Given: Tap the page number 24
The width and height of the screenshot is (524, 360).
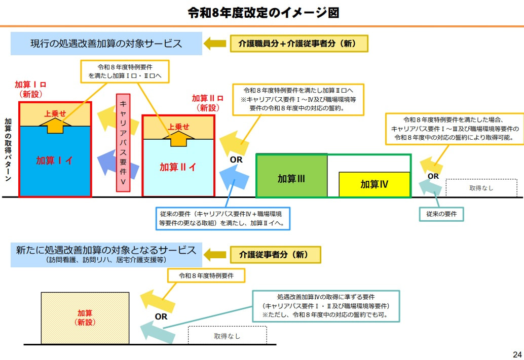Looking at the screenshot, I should [x=517, y=354].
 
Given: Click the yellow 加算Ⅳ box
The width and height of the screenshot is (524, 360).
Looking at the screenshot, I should [x=374, y=184].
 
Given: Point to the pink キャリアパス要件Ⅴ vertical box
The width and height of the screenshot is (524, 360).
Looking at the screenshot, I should [x=123, y=143].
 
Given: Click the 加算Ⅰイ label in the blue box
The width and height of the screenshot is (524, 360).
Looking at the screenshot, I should [x=55, y=161].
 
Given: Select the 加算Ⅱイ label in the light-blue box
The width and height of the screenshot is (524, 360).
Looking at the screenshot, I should [x=178, y=167].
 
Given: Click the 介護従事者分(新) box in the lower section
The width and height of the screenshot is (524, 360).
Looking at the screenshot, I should [x=277, y=255].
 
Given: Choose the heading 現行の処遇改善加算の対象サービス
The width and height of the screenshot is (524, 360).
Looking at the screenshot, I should [x=106, y=44].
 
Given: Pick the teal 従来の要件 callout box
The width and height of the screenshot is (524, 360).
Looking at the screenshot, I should [x=441, y=214].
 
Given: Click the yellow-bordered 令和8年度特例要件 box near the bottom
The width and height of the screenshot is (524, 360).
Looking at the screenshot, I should [x=206, y=276].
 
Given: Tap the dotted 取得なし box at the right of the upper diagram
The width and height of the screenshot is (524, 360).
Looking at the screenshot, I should [x=481, y=188].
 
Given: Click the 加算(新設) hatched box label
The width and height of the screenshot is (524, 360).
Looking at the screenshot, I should [x=85, y=317].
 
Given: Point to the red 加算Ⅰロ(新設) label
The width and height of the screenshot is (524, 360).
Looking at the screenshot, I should [x=31, y=89].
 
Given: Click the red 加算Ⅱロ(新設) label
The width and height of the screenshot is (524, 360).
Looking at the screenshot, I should [x=208, y=102].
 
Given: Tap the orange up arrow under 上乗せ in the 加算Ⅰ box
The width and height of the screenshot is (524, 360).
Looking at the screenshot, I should [x=55, y=126].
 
